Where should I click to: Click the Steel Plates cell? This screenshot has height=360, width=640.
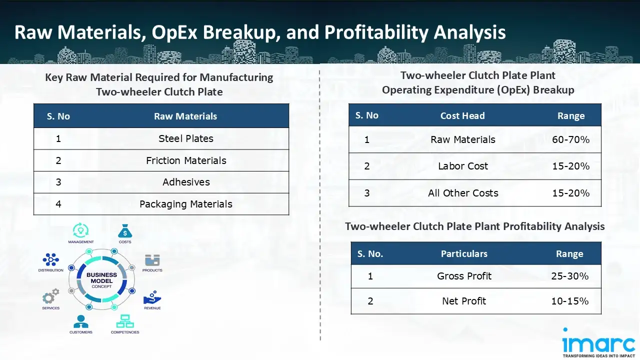point(185,138)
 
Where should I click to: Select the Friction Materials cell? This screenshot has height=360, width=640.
point(186,160)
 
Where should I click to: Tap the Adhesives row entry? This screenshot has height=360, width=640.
point(186,182)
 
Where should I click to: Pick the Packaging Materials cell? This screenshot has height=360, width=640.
point(186,204)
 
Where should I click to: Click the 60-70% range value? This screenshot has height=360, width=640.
point(570,139)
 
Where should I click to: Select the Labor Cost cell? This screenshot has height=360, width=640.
point(463,166)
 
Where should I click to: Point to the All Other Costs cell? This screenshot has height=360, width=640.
point(463,193)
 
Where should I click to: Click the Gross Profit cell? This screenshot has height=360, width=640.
point(464,276)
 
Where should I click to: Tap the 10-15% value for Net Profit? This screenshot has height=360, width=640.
point(569,301)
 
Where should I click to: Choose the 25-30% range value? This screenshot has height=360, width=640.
point(569,276)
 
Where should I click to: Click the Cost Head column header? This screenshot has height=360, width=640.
point(462,116)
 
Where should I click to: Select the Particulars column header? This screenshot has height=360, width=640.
point(464,254)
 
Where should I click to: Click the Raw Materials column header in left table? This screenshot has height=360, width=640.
point(185,116)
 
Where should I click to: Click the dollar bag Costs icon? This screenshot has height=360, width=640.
point(125,231)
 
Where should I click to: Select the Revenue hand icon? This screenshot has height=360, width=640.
point(152,298)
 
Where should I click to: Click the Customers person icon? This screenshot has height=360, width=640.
point(80,321)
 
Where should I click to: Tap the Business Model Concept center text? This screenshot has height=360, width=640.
point(101,281)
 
